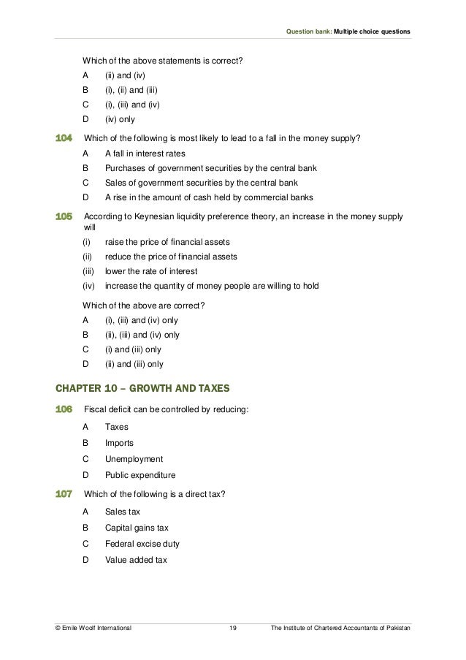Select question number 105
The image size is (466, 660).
click(x=64, y=217)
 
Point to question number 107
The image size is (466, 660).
click(x=64, y=494)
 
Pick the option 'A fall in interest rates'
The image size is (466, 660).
click(x=145, y=154)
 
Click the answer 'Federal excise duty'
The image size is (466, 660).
click(x=142, y=544)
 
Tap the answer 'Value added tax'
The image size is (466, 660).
click(x=136, y=561)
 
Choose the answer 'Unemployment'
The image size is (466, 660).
click(x=134, y=459)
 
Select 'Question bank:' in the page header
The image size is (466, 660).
click(x=306, y=31)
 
